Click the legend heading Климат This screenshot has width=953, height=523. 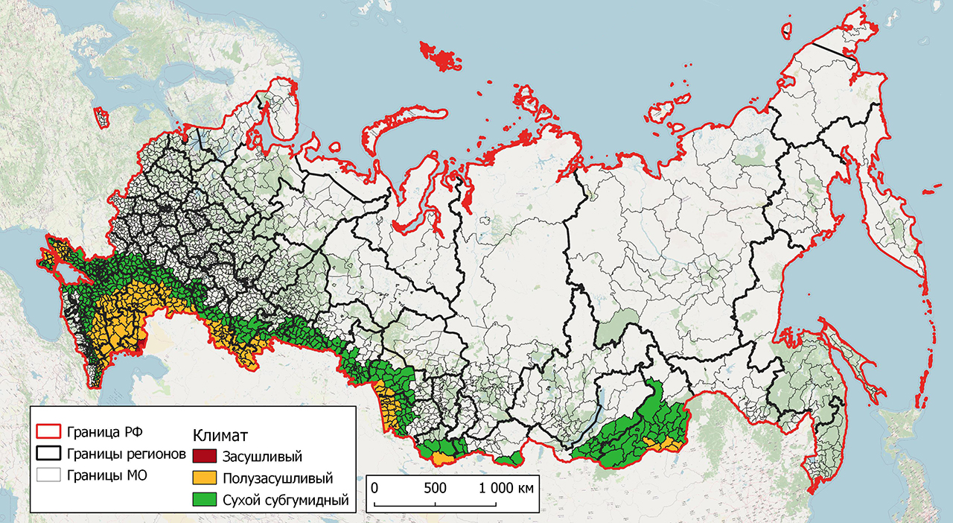pos(220,434)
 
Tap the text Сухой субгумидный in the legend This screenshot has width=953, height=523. pos(286,500)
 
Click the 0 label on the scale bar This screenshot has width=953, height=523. pos(374,488)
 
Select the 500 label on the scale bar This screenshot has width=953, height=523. pos(436,488)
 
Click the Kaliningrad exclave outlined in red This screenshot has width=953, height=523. pos(102,117)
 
